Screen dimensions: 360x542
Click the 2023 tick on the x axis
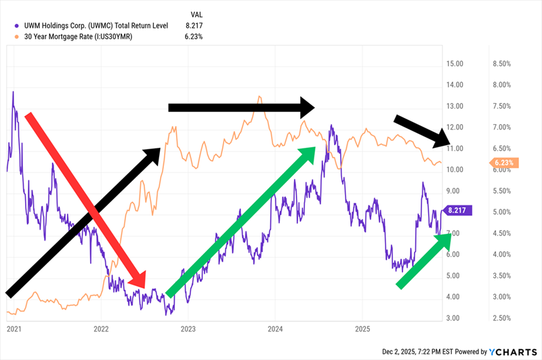(x=188, y=329)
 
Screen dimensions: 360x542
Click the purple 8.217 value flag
(x=458, y=211)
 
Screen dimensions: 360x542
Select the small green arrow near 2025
(x=423, y=258)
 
